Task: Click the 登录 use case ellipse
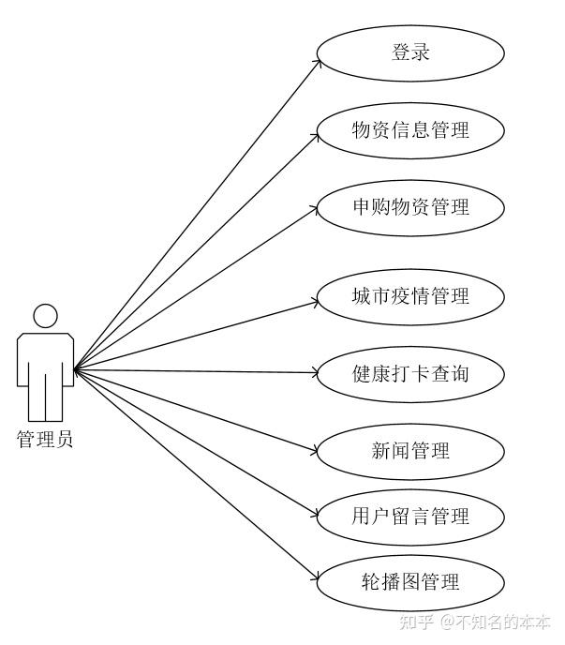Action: (x=410, y=52)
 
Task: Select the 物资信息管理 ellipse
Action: (x=410, y=130)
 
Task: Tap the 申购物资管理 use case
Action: (x=410, y=207)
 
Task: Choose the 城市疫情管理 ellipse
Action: (x=410, y=297)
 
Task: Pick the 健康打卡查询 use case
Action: (x=410, y=374)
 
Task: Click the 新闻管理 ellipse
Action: (x=410, y=451)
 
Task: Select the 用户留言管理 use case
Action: (x=410, y=517)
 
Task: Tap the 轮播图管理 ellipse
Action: (x=410, y=582)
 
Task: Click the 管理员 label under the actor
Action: (x=45, y=439)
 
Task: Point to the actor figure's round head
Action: (x=45, y=316)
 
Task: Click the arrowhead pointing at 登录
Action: (x=318, y=64)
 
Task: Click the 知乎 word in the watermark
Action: (x=416, y=622)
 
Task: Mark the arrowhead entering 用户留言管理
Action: (x=317, y=513)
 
